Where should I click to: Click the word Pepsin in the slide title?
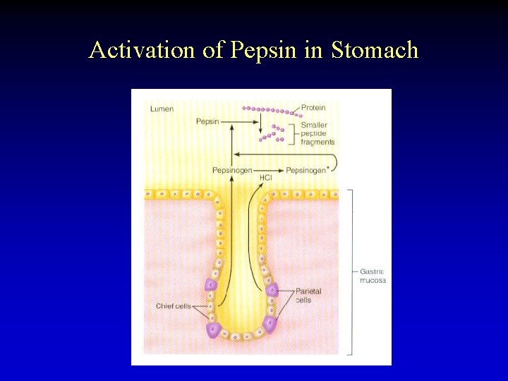(x=255, y=51)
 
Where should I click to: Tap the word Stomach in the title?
(x=375, y=50)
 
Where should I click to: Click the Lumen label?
(x=162, y=109)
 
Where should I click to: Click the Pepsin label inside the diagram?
(x=207, y=122)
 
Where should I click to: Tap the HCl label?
(x=265, y=177)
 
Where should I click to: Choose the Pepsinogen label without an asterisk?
(x=232, y=170)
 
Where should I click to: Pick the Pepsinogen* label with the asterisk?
(x=307, y=170)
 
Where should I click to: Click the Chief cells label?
(x=173, y=306)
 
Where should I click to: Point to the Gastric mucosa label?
(x=373, y=276)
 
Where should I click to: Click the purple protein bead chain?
(x=272, y=110)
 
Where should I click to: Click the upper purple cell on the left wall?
(x=210, y=284)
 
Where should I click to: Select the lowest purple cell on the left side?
(x=212, y=329)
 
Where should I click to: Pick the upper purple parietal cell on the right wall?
(x=272, y=289)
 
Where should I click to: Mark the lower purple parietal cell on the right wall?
(x=270, y=324)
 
